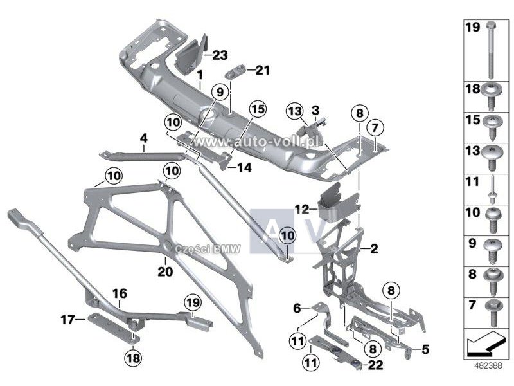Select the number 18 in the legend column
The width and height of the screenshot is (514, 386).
coord(474,89)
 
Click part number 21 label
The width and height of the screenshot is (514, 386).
coord(263,69)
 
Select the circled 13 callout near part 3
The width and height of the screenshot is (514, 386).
coord(294,113)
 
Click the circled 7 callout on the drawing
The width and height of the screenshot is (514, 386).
coord(376,126)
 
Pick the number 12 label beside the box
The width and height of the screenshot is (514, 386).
coord(303,208)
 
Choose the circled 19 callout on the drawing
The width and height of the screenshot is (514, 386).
coord(193,300)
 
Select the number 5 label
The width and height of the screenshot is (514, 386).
coord(425,350)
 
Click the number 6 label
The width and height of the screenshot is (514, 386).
coord(296,309)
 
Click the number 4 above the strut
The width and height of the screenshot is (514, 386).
coord(144,138)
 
